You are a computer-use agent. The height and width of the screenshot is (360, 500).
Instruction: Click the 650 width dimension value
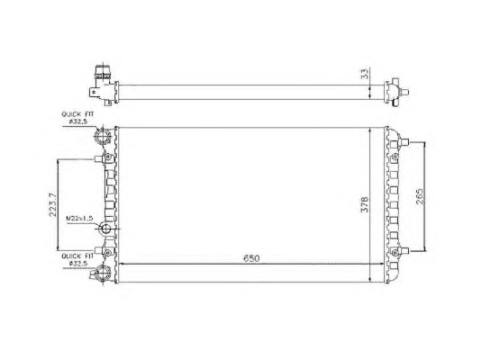click(x=251, y=258)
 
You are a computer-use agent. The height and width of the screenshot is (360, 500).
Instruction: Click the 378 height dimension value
click(x=364, y=204)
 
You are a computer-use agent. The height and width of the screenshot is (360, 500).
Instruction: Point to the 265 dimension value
click(x=419, y=196)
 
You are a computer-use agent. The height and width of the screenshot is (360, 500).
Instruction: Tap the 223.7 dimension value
click(x=52, y=204)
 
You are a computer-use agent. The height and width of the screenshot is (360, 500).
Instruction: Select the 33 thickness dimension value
click(x=365, y=74)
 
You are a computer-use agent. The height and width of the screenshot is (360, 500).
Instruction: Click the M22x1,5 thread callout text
click(x=79, y=218)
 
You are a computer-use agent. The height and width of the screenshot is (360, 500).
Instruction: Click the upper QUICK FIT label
click(x=77, y=113)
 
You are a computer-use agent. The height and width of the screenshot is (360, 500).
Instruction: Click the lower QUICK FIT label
click(x=77, y=256)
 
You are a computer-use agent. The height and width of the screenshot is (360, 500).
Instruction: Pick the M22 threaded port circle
click(x=105, y=229)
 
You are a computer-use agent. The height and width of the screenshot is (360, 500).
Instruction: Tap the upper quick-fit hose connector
click(x=103, y=138)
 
